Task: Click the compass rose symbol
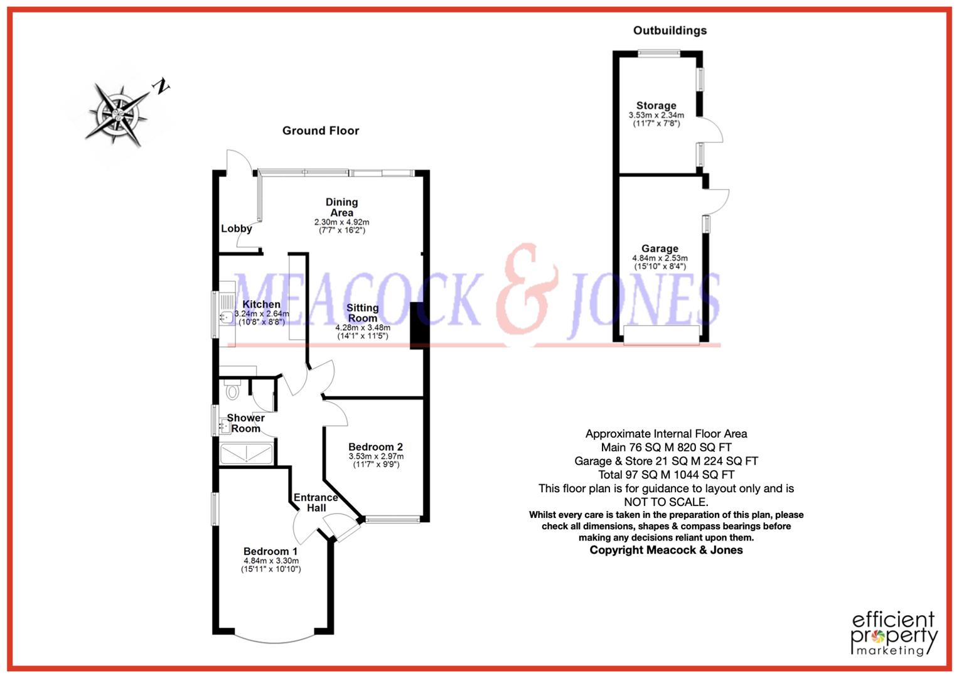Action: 118,113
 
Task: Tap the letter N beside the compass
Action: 162,87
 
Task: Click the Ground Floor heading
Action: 320,131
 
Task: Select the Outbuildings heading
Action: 670,30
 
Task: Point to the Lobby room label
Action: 236,229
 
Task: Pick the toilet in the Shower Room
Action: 232,390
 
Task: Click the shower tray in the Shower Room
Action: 247,453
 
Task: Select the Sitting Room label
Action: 362,313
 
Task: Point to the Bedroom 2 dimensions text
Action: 376,460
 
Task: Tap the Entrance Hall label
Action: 316,502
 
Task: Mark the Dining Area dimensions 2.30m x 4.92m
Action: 341,226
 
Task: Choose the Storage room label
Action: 656,105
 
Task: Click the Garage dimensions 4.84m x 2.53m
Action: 660,262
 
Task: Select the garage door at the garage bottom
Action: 662,335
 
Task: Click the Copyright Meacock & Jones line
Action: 666,550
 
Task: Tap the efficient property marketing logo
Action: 894,633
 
